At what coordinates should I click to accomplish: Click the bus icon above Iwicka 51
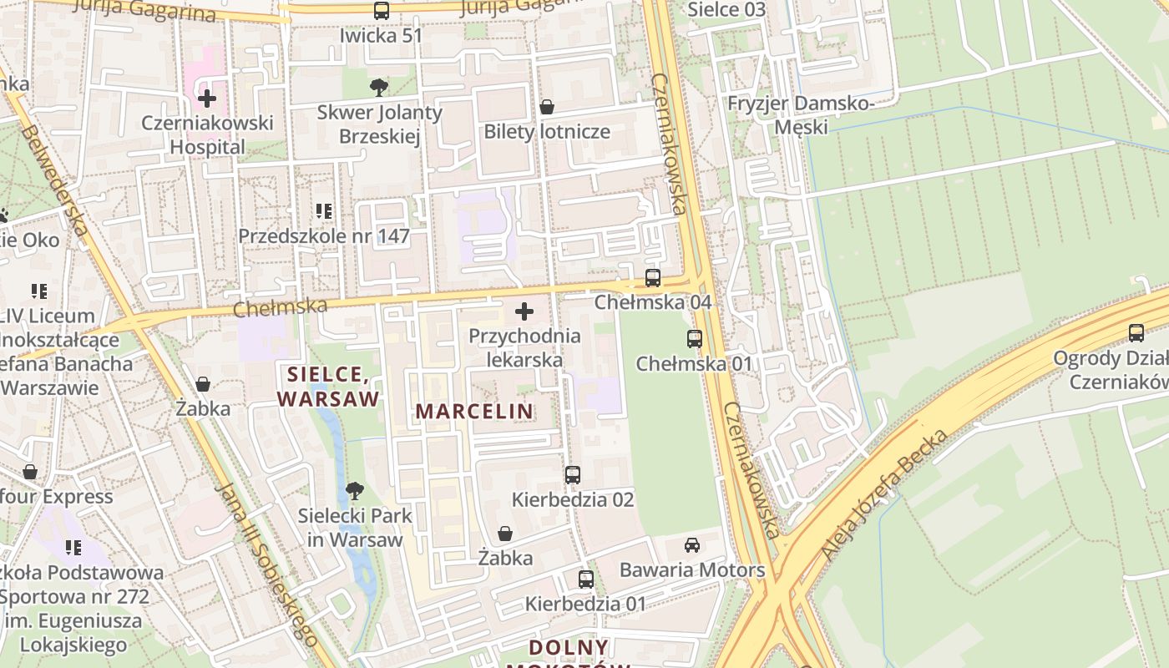tap(381, 11)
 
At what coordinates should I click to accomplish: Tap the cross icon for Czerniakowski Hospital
tap(206, 99)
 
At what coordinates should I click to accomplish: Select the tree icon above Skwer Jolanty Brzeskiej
tap(378, 87)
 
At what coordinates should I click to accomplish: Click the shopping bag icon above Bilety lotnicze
tap(547, 107)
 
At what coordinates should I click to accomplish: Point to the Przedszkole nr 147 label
tap(324, 236)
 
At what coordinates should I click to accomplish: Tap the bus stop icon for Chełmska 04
tap(652, 278)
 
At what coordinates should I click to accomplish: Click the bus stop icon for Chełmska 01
tap(694, 339)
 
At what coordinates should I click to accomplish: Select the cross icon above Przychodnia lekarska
tap(524, 311)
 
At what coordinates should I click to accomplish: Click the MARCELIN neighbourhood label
tap(474, 411)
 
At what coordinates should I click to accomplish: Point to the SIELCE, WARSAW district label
tap(328, 387)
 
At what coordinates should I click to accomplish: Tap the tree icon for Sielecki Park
tap(355, 490)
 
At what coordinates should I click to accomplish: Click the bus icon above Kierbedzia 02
tap(572, 475)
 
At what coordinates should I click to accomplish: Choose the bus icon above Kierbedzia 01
tap(585, 579)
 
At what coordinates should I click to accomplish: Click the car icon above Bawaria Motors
tap(691, 545)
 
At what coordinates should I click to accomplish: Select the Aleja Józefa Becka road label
tap(886, 494)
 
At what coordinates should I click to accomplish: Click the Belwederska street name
tap(54, 180)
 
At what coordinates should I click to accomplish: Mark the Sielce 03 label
tap(726, 10)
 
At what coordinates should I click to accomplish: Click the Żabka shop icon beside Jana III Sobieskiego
tap(202, 384)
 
